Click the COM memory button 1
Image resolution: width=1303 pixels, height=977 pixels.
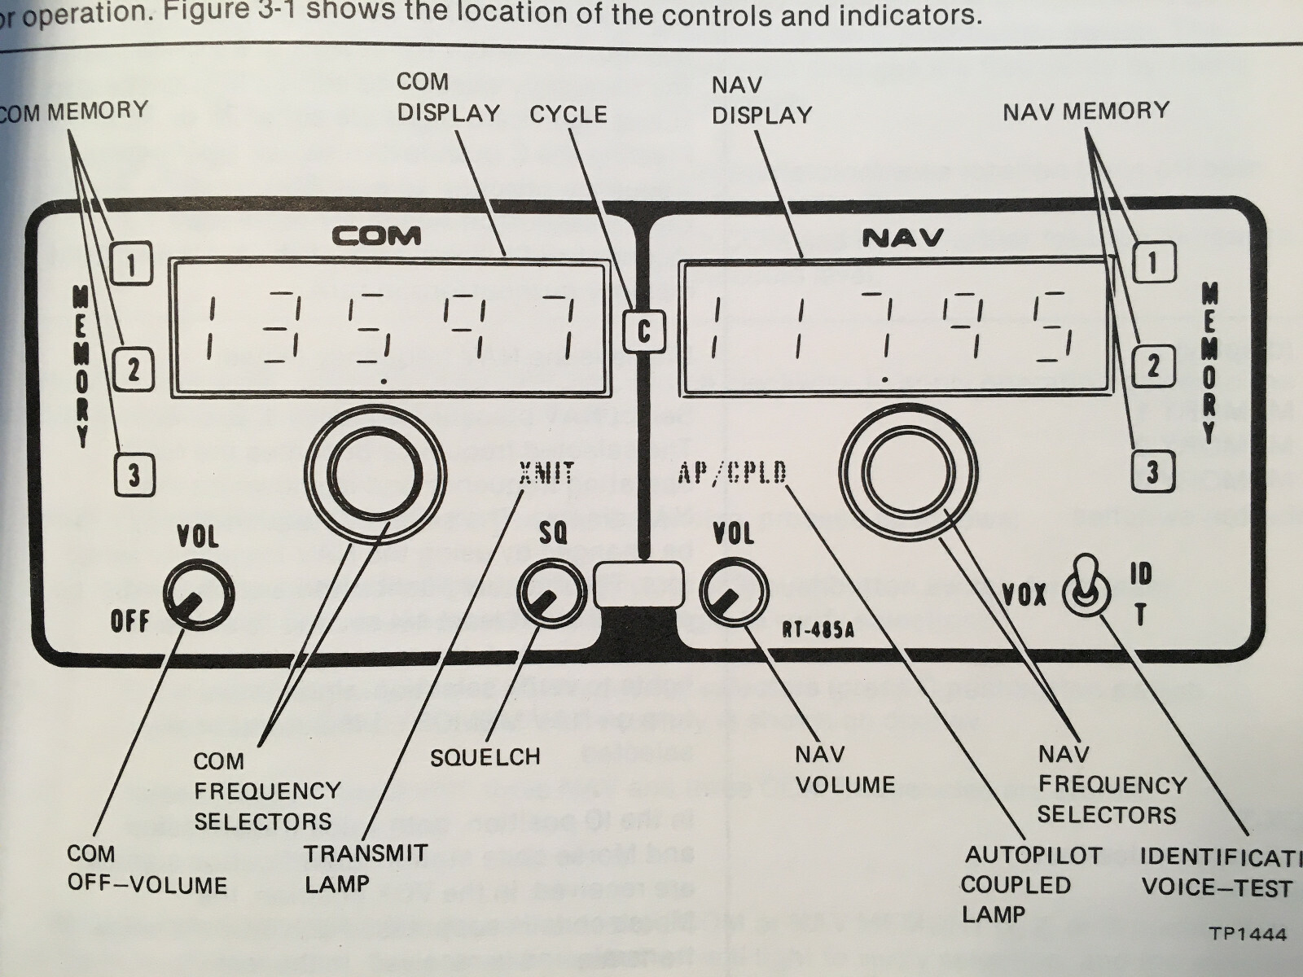tap(132, 262)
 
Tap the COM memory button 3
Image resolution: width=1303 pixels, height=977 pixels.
tap(133, 474)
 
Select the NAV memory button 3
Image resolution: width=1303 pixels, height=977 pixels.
tap(1152, 472)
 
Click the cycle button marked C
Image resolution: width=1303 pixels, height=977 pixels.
tap(643, 332)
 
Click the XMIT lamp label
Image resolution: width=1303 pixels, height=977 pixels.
tap(546, 473)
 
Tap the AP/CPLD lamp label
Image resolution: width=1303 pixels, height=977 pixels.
tap(732, 473)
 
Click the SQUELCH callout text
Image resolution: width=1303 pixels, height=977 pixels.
tap(485, 757)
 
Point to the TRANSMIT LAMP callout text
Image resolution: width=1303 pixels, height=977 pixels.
tap(366, 868)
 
